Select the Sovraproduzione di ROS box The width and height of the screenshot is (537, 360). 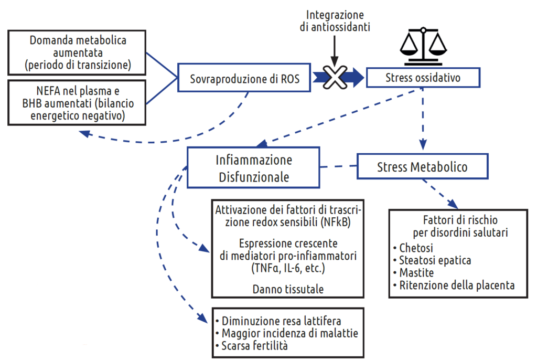244,80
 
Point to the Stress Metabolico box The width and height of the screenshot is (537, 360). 422,167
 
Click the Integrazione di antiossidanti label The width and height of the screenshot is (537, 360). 335,21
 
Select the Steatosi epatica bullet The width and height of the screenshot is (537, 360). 435,260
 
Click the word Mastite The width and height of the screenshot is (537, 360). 416,273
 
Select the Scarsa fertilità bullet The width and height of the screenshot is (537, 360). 255,346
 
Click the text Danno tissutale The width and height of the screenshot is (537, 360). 288,289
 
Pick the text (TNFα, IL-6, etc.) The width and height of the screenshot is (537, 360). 287,268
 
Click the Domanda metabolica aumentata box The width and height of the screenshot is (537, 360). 78,52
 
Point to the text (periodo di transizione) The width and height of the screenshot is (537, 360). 78,66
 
